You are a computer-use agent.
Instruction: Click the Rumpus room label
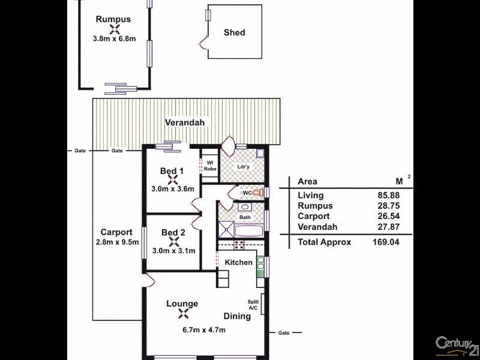click(113, 19)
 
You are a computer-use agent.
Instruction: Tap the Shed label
click(234, 32)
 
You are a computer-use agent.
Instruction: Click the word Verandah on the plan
click(185, 123)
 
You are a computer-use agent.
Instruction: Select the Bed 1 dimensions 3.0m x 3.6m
click(173, 189)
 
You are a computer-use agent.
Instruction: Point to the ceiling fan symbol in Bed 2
click(173, 241)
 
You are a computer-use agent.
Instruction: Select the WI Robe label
click(211, 166)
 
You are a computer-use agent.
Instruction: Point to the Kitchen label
click(238, 263)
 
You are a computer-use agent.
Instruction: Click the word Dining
click(238, 316)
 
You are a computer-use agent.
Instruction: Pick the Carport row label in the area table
click(313, 216)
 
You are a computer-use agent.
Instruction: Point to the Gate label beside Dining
click(284, 332)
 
